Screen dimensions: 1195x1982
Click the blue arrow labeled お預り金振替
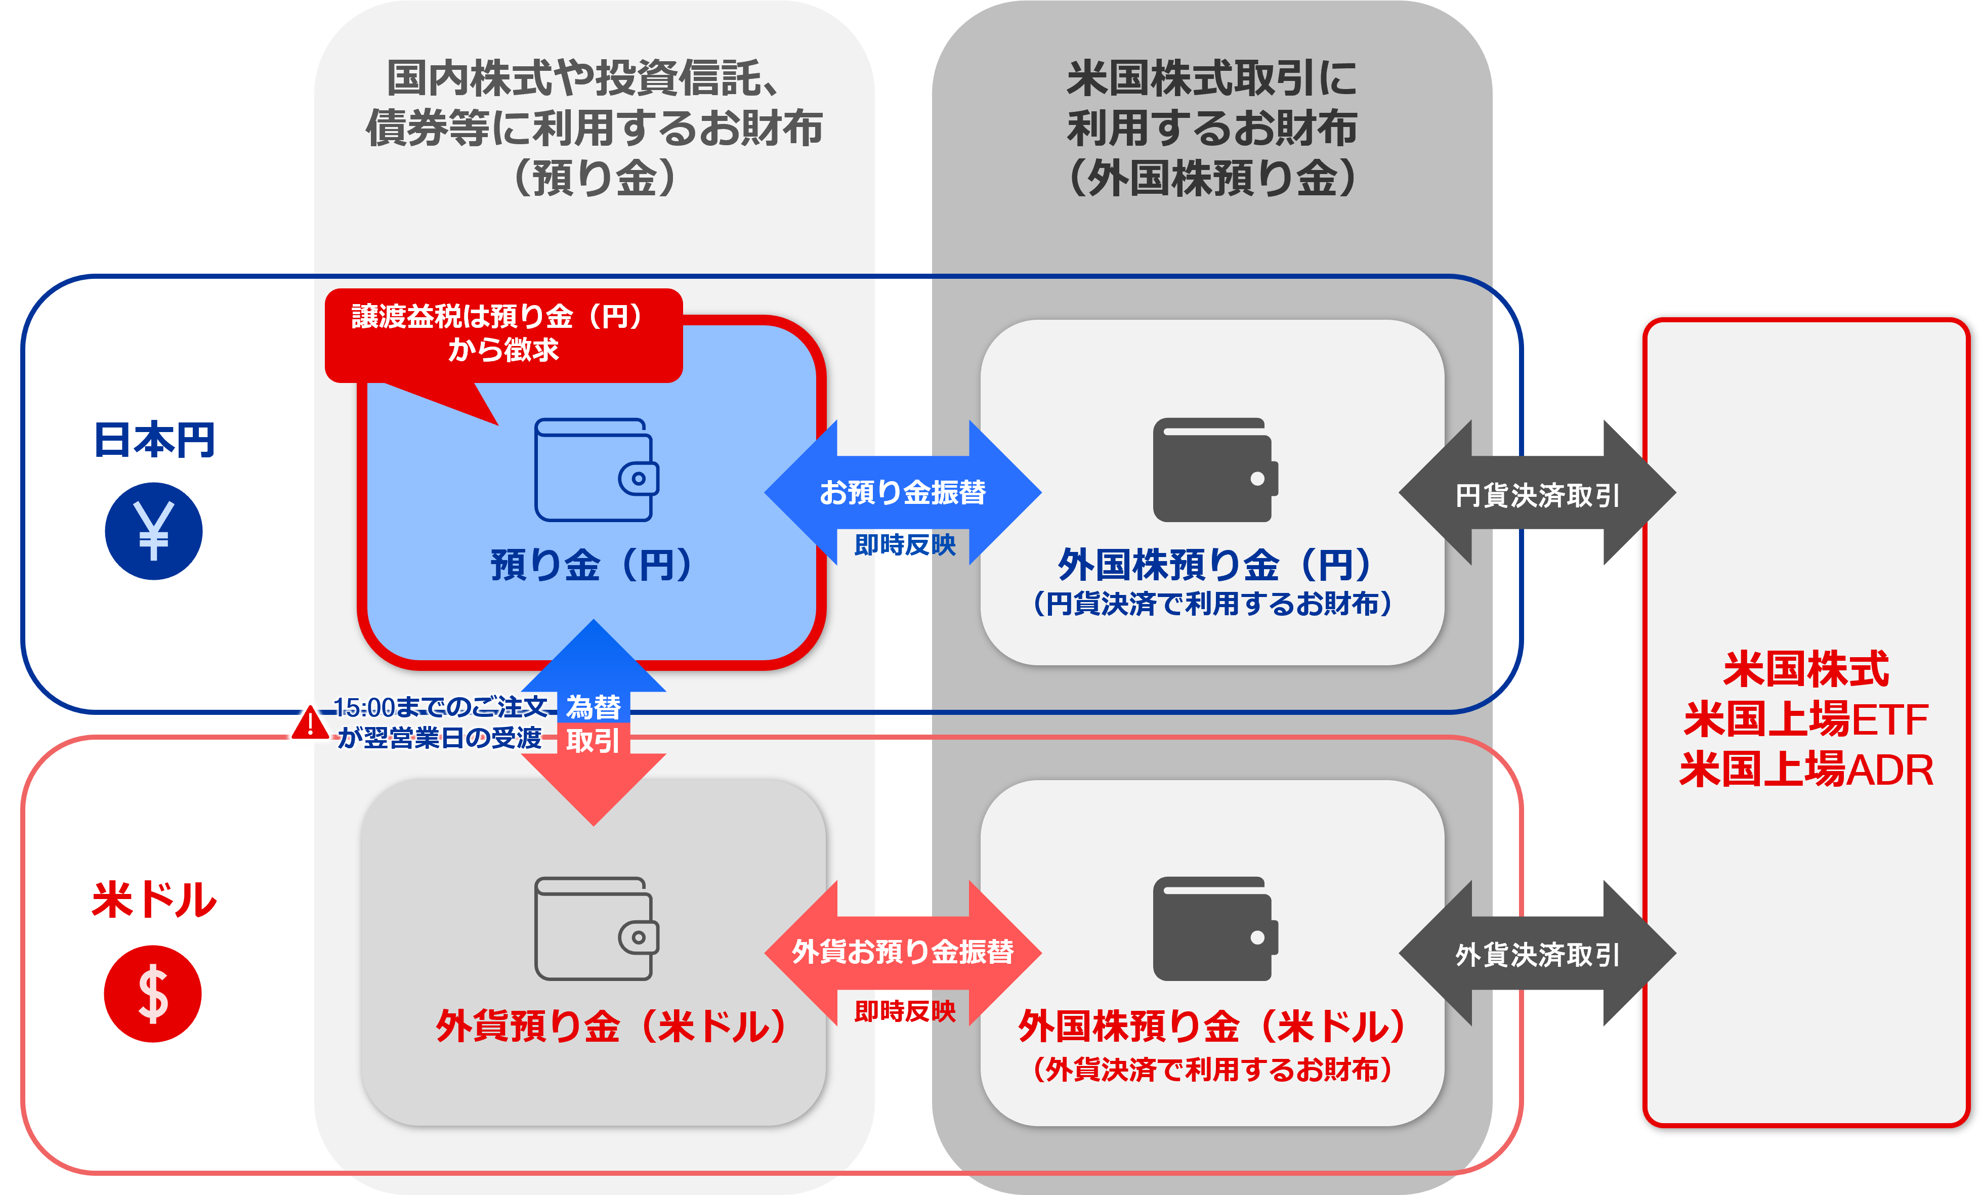point(903,492)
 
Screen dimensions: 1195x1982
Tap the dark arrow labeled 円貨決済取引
point(1537,495)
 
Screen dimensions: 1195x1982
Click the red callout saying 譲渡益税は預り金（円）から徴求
point(503,333)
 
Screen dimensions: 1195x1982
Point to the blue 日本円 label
point(154,440)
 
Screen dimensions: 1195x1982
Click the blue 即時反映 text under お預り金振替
point(904,544)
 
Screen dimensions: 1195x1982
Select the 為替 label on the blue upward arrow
point(593,706)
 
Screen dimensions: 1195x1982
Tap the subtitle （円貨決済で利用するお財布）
point(1212,603)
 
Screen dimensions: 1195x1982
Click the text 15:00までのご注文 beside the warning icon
point(440,706)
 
